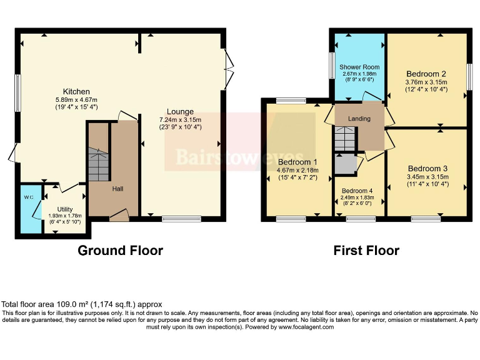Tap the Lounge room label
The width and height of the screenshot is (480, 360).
[x=180, y=112]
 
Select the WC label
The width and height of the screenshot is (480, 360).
[x=29, y=197]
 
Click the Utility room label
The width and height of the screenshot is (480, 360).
[x=65, y=209]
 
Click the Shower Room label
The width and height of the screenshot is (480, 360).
[x=359, y=67]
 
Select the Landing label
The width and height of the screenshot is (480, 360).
[x=359, y=119]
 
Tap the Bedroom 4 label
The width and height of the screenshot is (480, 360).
[x=357, y=191]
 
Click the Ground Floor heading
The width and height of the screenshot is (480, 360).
[x=120, y=251]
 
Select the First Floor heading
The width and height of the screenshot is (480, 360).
[x=366, y=251]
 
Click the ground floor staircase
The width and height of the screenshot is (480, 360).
[x=98, y=164]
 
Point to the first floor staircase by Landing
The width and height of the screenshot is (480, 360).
[x=344, y=138]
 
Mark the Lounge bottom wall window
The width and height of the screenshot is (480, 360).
[x=181, y=219]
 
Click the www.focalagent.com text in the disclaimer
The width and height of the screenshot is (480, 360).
[x=308, y=326]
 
